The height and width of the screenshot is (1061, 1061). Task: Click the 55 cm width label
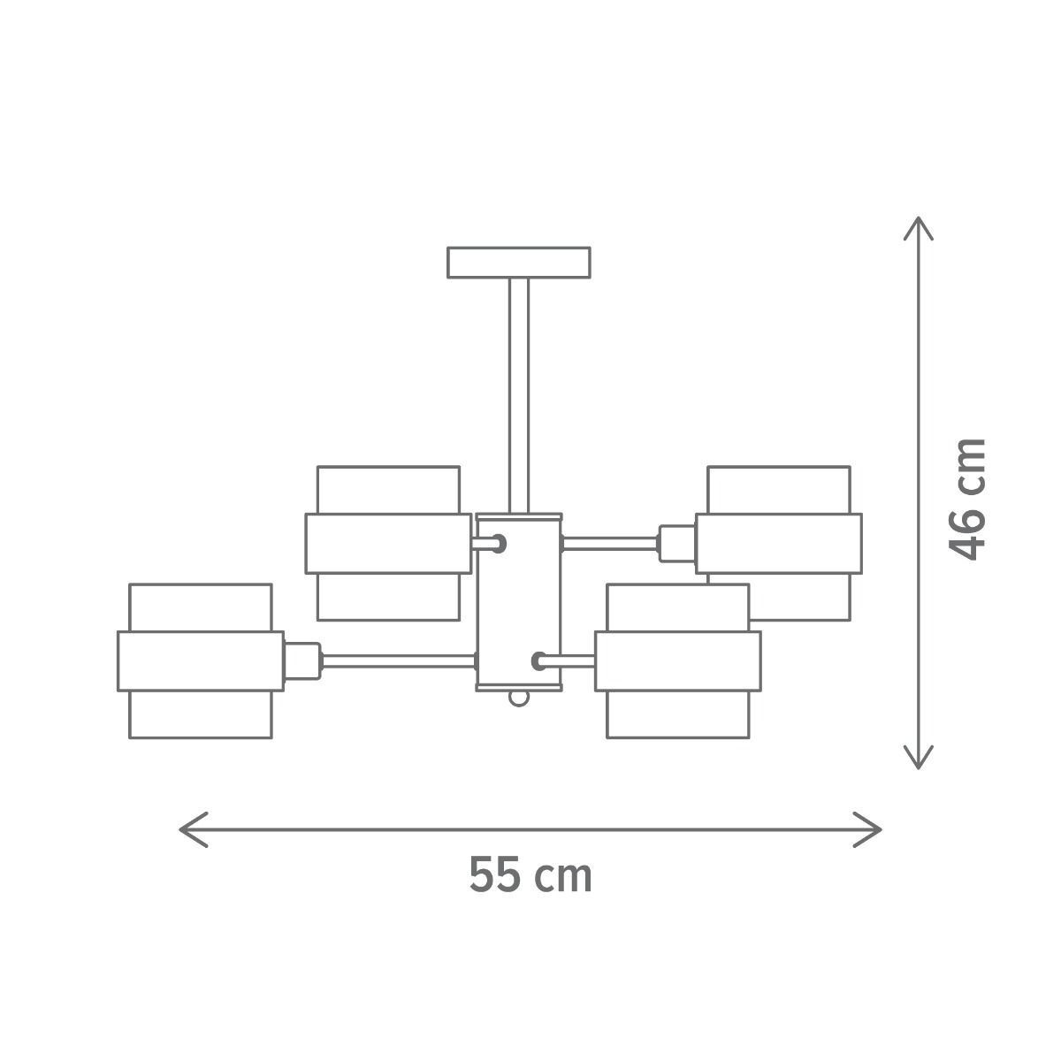[530, 875]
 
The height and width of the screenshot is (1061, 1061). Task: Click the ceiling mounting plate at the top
[518, 263]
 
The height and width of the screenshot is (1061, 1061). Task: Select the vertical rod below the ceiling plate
[518, 393]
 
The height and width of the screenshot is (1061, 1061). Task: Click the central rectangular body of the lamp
[518, 601]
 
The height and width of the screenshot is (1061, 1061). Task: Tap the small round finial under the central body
[519, 698]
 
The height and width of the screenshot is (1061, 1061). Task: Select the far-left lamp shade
[200, 660]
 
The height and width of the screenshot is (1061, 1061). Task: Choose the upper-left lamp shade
[388, 543]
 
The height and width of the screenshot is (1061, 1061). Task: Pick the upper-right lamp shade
[778, 543]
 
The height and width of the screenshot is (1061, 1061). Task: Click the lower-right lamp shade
[677, 660]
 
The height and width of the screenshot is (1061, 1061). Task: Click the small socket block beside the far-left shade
[301, 660]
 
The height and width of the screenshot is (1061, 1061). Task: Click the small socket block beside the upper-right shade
[676, 543]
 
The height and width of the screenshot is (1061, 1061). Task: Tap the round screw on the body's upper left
[500, 543]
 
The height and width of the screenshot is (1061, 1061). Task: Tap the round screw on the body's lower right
[538, 660]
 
